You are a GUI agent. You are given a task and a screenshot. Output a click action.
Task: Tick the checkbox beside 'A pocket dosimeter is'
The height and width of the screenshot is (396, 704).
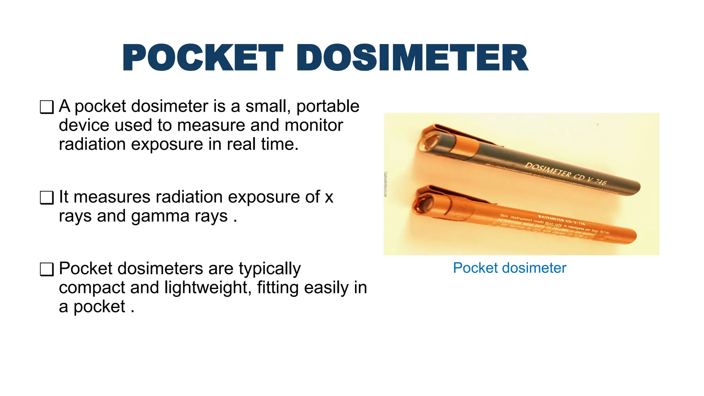47,107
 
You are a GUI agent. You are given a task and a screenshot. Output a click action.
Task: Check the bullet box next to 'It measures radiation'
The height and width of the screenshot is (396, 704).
47,198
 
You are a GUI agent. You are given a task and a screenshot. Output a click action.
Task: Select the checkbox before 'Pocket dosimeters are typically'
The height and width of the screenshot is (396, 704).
47,269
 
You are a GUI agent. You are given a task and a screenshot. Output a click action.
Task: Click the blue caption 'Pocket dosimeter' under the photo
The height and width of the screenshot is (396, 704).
509,268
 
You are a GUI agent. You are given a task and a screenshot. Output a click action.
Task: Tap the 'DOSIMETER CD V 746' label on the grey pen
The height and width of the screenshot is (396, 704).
565,174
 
